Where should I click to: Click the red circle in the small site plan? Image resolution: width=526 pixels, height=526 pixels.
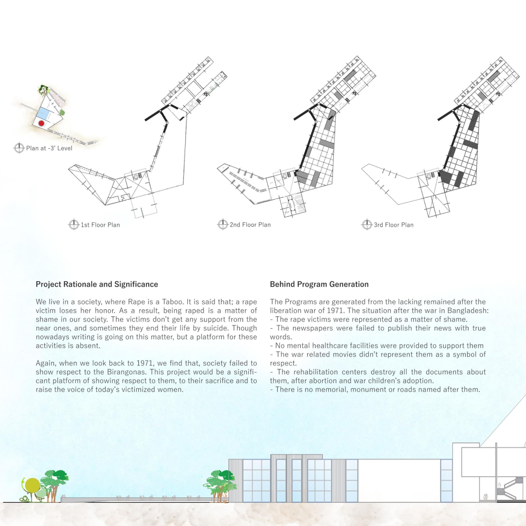coord(41,123)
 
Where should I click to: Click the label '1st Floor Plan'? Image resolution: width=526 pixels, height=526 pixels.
coord(100,225)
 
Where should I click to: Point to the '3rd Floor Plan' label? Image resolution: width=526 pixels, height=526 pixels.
coord(393,225)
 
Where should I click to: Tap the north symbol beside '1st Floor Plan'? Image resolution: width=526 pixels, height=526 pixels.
coord(73,225)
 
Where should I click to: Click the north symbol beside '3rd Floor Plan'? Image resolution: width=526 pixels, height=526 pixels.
coord(367,225)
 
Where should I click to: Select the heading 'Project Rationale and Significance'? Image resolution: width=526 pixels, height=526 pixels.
coord(97,284)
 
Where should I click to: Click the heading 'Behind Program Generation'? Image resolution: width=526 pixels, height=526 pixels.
coord(319,284)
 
